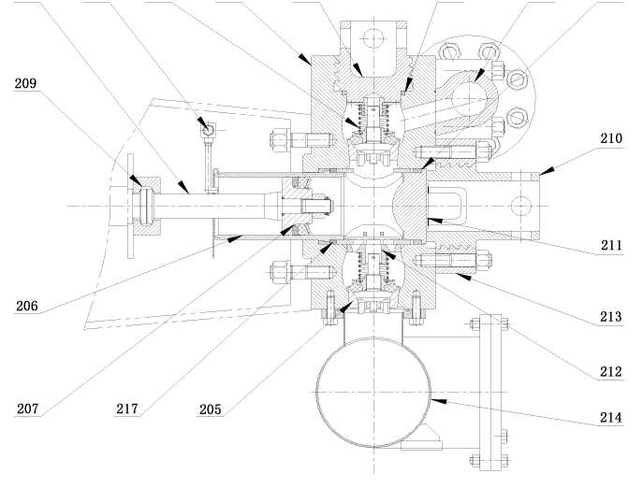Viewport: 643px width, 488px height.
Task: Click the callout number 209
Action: tap(25, 83)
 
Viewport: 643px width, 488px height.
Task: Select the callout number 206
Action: tap(27, 306)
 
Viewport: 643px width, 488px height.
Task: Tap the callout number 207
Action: tap(27, 409)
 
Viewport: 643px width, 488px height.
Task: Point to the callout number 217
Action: tap(127, 409)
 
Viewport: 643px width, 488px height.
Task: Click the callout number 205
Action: tap(210, 409)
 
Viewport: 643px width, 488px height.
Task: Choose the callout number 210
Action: tap(611, 138)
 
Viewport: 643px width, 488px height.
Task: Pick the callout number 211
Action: tap(611, 246)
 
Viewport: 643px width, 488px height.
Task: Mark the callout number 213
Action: tap(610, 316)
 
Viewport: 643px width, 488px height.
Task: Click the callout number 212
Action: tap(611, 372)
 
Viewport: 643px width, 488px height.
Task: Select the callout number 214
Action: tap(611, 418)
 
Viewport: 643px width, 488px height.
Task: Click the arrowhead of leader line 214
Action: tap(437, 400)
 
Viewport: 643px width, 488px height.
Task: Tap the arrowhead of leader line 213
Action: tap(462, 277)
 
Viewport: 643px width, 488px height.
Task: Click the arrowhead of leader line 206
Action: tap(235, 238)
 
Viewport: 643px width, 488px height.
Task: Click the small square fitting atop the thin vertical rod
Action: tap(208, 129)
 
